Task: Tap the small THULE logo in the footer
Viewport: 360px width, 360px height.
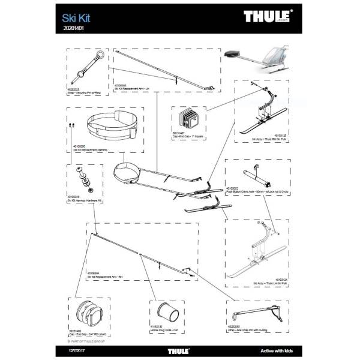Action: [180, 350]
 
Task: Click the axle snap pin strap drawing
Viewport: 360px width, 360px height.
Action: [262, 313]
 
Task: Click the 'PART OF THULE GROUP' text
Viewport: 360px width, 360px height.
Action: [88, 340]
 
